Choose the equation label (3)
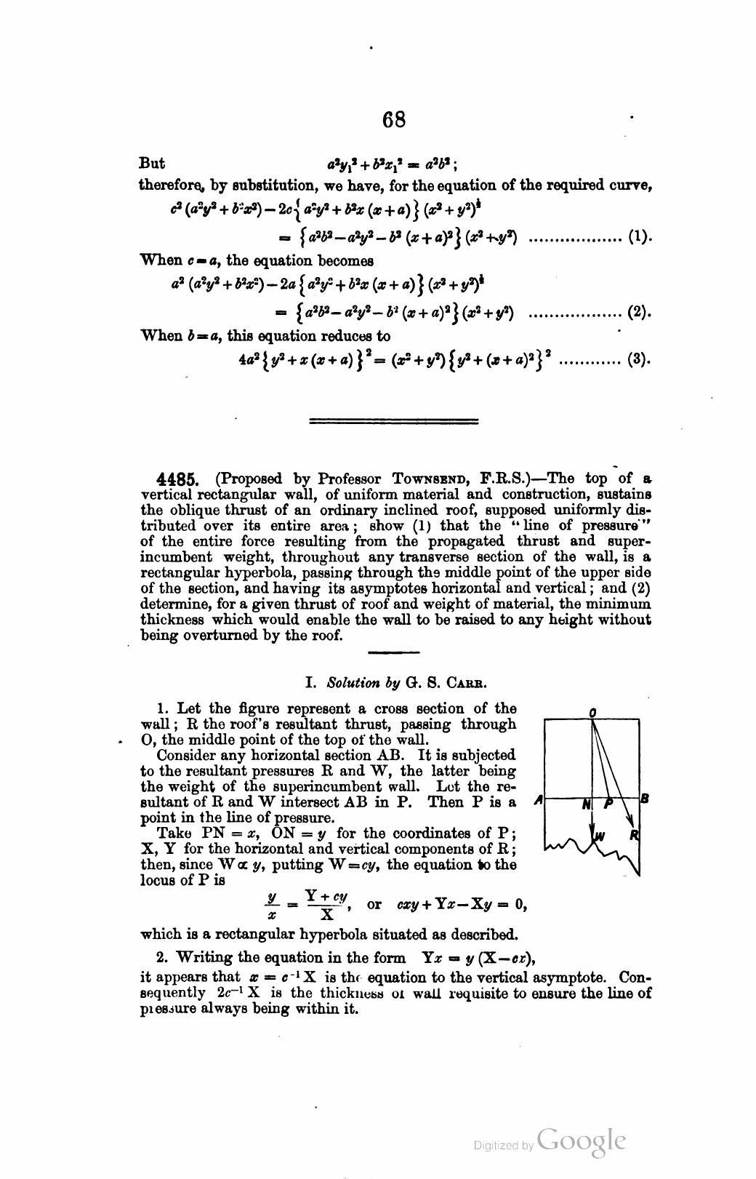coord(638,359)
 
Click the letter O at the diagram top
coord(593,714)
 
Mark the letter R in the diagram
coord(633,834)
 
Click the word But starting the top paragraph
coord(152,163)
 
